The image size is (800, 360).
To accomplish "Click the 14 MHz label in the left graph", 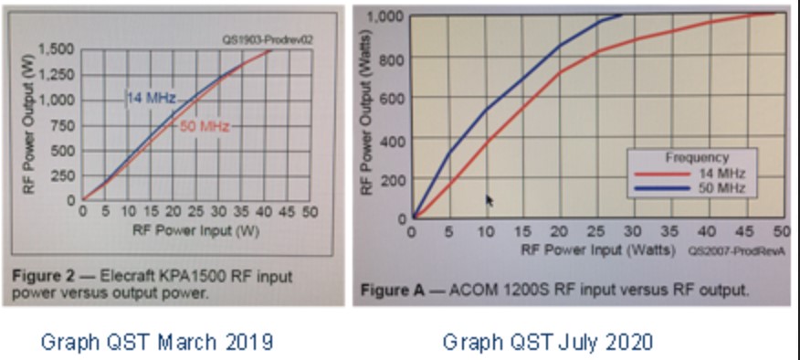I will tap(145, 98).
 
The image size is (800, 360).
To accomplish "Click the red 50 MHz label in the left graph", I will tap(204, 126).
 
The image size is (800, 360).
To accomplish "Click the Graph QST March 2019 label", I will tap(157, 343).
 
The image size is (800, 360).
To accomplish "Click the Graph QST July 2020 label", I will tap(548, 343).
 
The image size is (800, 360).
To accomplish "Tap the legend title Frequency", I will tap(697, 157).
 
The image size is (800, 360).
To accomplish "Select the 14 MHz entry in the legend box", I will tap(721, 173).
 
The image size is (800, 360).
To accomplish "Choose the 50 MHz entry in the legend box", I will tap(721, 188).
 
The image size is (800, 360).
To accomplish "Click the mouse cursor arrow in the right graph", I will tap(489, 200).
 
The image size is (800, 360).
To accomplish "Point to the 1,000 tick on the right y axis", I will tap(388, 16).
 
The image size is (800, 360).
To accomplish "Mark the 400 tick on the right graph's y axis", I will tap(394, 139).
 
